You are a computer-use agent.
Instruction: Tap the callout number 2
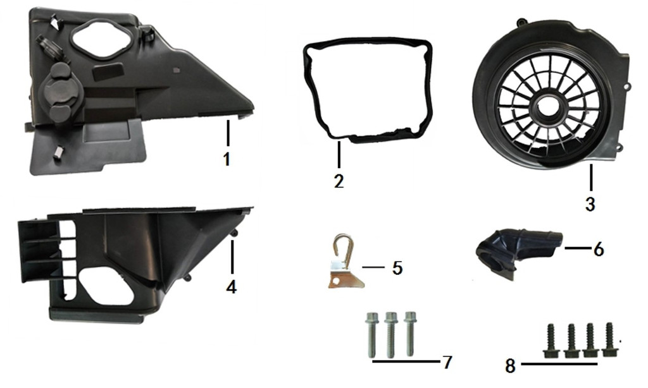pos(339,181)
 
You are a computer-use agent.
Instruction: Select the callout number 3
pos(590,204)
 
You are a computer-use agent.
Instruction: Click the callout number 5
pos(397,267)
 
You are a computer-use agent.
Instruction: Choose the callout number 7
pos(447,362)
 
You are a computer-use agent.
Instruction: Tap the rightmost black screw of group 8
pos(610,339)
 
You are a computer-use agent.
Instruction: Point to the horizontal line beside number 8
pos(559,365)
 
